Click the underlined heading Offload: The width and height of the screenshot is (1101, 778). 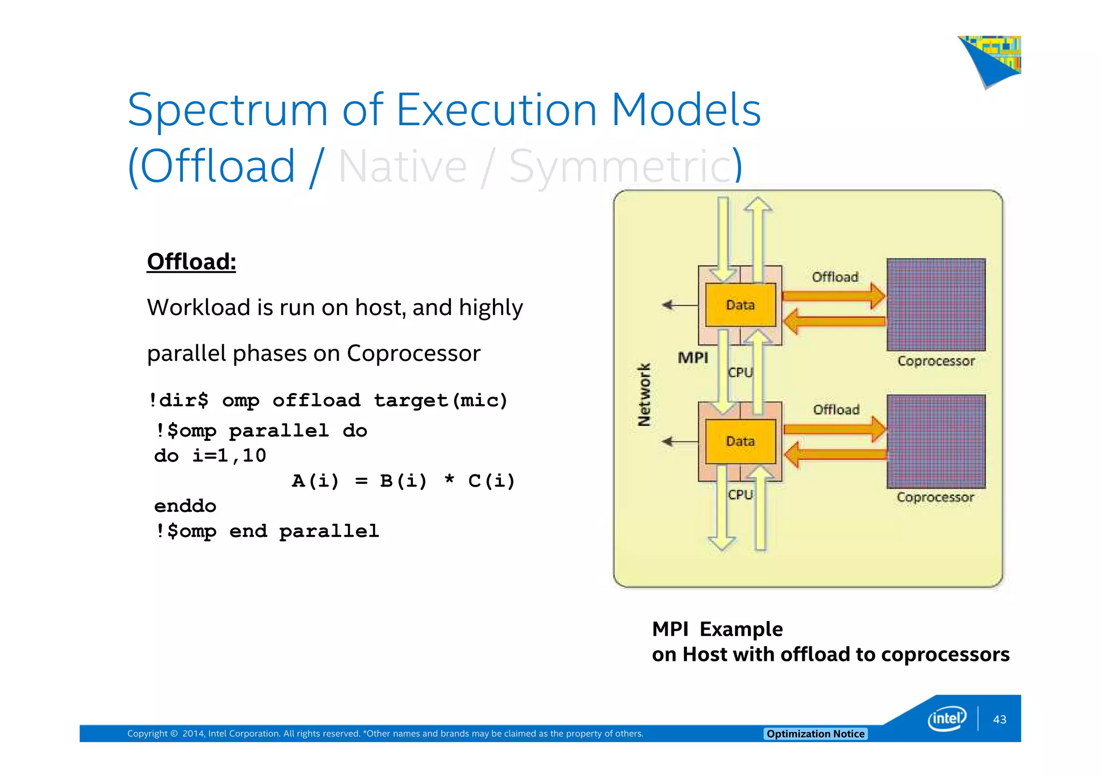click(191, 262)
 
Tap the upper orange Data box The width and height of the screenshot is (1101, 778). click(740, 305)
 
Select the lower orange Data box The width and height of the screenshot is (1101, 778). click(740, 441)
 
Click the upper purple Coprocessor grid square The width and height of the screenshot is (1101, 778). click(936, 305)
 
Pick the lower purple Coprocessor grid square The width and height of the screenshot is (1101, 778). click(936, 441)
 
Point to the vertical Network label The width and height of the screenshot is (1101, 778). click(644, 395)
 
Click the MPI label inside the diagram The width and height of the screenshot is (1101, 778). click(693, 358)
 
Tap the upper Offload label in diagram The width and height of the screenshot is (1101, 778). click(835, 277)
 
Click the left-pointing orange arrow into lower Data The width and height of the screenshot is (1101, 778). click(835, 455)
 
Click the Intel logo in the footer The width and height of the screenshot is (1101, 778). click(947, 718)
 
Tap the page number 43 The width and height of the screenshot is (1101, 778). click(999, 719)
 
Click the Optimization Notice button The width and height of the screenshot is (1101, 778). click(815, 734)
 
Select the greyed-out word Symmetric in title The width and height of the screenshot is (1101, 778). click(624, 167)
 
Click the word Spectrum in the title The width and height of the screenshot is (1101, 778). click(227, 110)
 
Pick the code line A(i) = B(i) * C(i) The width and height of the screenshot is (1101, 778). click(403, 481)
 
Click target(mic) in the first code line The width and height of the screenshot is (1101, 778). click(440, 401)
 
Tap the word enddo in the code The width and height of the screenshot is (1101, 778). click(185, 506)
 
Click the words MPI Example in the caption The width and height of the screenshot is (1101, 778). click(717, 629)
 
